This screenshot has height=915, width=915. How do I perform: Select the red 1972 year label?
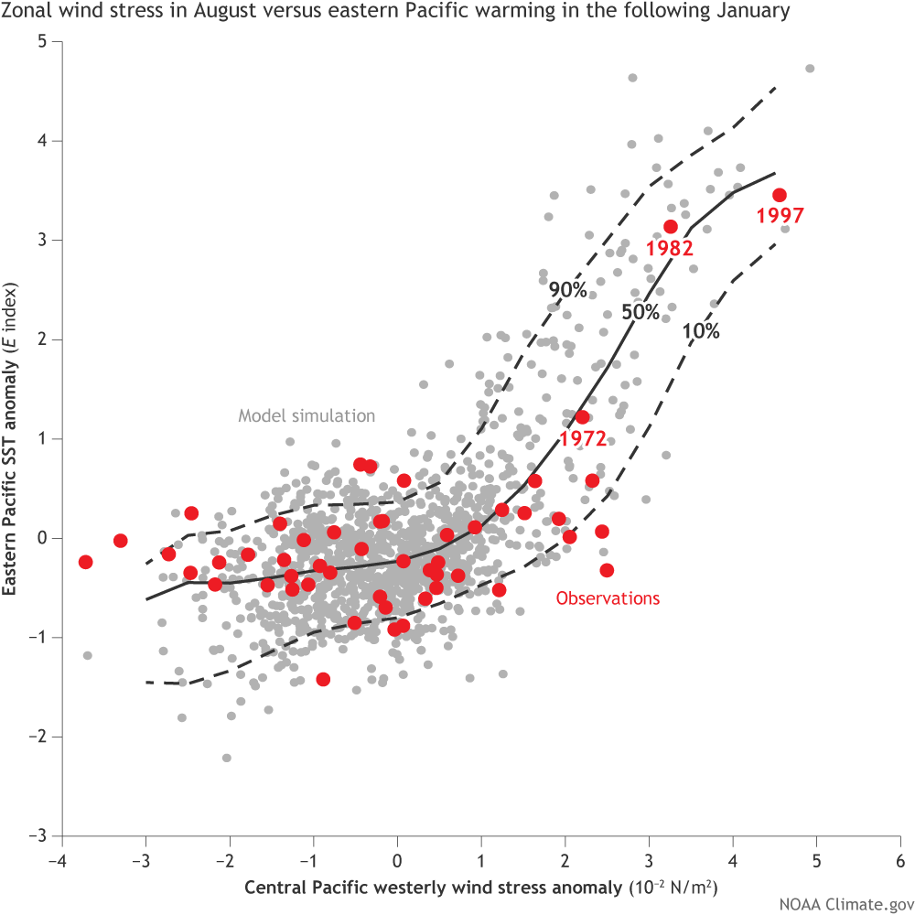(x=583, y=438)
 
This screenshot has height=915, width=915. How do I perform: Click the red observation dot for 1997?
(x=780, y=195)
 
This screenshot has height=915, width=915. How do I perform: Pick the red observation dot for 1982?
(x=671, y=227)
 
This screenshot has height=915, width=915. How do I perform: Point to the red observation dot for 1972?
(x=582, y=417)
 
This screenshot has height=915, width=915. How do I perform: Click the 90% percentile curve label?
(x=567, y=290)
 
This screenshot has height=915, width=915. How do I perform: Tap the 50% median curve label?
(x=640, y=311)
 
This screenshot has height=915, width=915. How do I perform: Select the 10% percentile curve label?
(x=700, y=333)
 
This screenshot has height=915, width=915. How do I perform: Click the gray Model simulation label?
(x=307, y=415)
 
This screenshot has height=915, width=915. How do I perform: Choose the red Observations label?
(x=608, y=598)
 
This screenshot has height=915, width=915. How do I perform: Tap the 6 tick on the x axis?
(x=900, y=862)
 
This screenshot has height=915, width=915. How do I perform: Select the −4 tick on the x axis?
(x=59, y=862)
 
